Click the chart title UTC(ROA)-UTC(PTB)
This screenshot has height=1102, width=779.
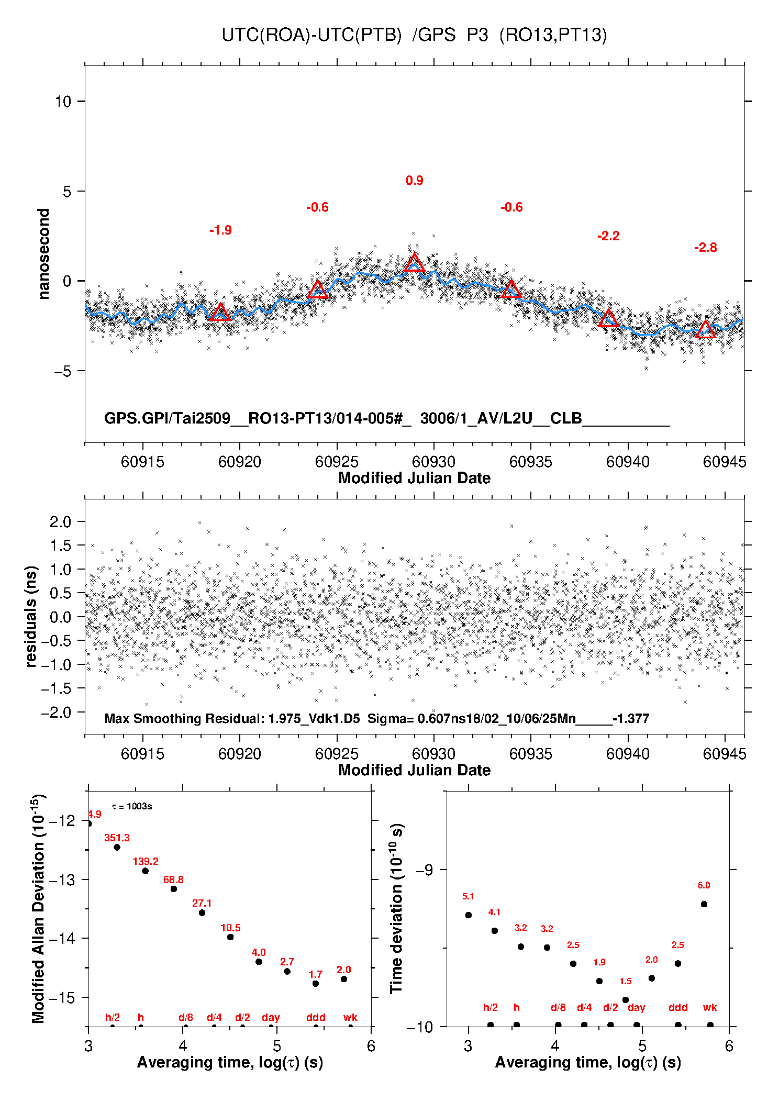click(311, 35)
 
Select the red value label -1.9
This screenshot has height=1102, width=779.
click(220, 230)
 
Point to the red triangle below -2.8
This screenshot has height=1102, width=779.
click(705, 330)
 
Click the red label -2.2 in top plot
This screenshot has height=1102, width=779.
click(608, 236)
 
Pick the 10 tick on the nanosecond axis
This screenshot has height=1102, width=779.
click(63, 102)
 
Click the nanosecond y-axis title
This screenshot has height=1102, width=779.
click(44, 254)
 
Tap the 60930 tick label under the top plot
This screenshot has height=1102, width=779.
click(433, 462)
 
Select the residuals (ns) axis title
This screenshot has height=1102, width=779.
click(31, 616)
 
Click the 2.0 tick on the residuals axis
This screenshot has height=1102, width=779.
click(60, 521)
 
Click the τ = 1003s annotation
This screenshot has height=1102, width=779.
click(132, 806)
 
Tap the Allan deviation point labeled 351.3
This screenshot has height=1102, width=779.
click(117, 847)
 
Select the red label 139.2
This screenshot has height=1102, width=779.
click(146, 861)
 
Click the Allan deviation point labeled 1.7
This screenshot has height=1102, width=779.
click(316, 984)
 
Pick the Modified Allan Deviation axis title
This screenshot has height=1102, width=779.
click(39, 908)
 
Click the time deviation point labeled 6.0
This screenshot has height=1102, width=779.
click(704, 904)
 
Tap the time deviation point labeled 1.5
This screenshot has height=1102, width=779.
click(626, 1000)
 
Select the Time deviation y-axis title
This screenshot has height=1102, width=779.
click(397, 908)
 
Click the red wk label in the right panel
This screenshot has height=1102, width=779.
click(710, 1008)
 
